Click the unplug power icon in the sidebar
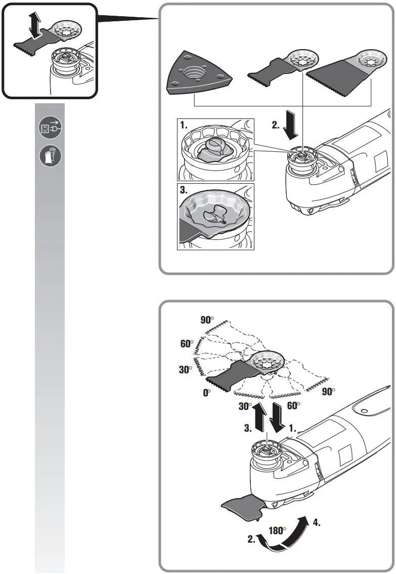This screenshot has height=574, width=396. (51, 129)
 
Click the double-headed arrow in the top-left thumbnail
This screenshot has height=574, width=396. (34, 25)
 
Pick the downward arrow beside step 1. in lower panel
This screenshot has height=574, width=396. (277, 418)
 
